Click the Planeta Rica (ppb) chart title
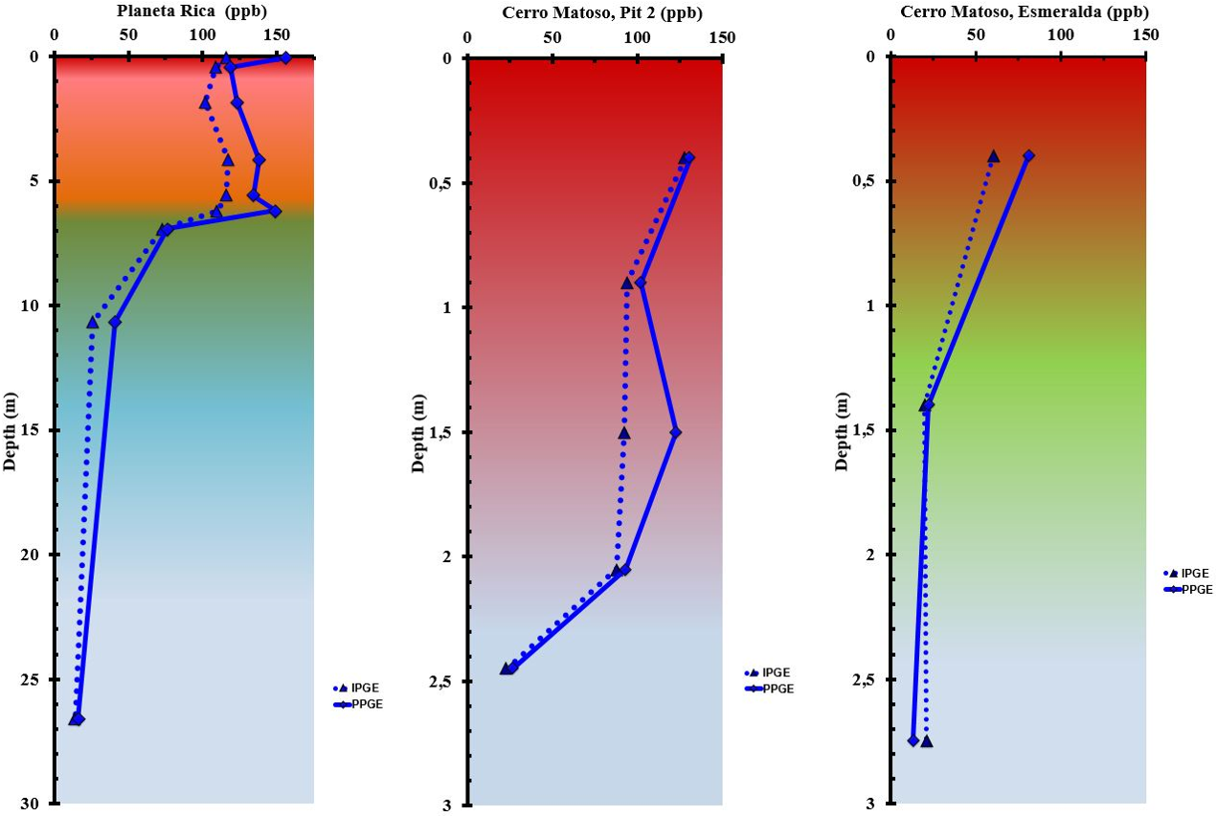(x=192, y=12)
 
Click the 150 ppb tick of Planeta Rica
(x=278, y=36)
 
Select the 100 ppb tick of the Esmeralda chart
(x=1061, y=36)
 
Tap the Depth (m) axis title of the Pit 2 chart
(x=419, y=432)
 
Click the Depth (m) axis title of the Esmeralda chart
(x=843, y=430)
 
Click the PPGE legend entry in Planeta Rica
(x=368, y=704)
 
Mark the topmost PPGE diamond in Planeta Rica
(x=285, y=58)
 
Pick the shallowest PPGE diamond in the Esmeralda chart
(x=1028, y=155)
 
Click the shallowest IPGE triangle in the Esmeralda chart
(x=993, y=155)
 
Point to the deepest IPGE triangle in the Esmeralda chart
(x=926, y=741)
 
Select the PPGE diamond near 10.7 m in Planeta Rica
(x=115, y=322)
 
